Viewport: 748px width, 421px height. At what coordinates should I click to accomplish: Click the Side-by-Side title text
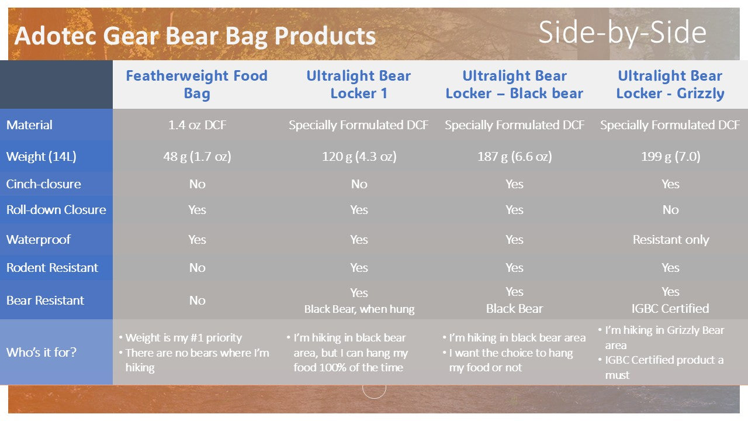click(x=622, y=33)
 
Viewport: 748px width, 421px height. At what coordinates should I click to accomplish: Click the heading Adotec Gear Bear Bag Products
click(x=195, y=36)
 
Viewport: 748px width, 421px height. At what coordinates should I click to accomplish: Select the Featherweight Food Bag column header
click(x=197, y=84)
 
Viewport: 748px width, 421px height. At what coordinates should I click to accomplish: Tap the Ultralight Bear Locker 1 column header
click(x=358, y=84)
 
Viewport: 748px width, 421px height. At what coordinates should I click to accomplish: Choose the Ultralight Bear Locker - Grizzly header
click(x=670, y=84)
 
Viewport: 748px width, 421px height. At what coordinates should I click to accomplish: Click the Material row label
click(x=29, y=125)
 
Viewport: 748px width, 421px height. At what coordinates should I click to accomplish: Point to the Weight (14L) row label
click(x=41, y=156)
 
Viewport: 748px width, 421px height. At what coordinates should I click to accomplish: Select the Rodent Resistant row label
click(x=52, y=267)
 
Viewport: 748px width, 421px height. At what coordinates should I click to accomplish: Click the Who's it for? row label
click(x=41, y=352)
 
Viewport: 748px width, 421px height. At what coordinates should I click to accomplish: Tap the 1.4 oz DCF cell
click(x=197, y=125)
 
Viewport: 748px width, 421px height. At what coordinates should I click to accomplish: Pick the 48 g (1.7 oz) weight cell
click(x=197, y=156)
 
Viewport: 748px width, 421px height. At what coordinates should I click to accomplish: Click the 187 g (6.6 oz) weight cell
click(x=514, y=156)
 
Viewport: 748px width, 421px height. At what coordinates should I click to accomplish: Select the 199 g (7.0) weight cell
click(x=670, y=156)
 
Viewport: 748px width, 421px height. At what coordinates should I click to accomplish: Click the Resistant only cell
click(x=670, y=240)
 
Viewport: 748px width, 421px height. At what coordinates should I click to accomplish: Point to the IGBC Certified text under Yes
click(x=670, y=308)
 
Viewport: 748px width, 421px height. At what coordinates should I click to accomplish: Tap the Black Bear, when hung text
click(x=359, y=309)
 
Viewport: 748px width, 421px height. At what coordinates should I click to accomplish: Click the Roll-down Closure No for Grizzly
click(x=670, y=210)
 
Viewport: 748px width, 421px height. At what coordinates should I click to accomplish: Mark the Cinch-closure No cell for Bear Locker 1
click(x=359, y=184)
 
